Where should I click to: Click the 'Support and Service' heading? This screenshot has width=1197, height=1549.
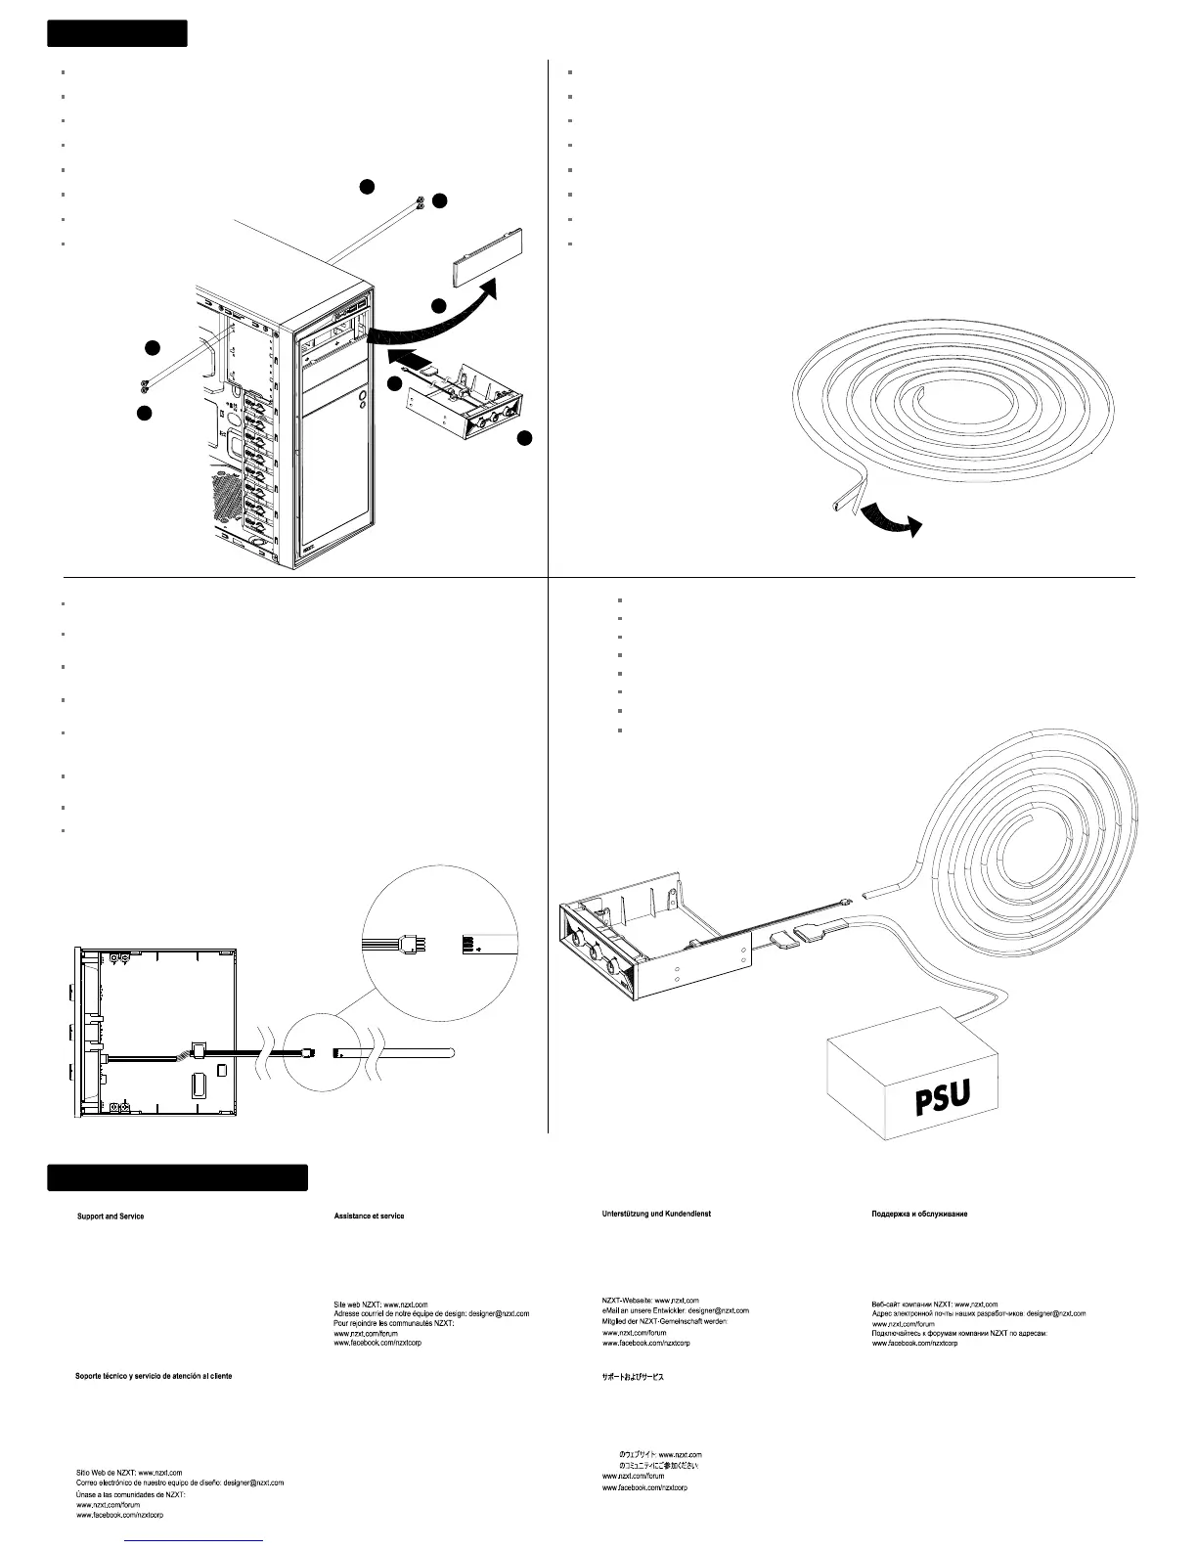coord(111,1216)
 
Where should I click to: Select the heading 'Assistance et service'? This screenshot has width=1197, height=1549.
coord(369,1216)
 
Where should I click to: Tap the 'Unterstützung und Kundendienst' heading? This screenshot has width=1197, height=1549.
coord(655,1214)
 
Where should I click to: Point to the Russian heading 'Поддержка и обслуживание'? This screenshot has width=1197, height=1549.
coord(919,1214)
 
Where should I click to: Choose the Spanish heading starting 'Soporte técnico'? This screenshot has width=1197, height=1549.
coord(154,1375)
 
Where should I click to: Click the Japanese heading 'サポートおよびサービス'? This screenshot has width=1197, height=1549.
coord(632,1376)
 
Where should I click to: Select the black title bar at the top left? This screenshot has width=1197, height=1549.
coord(116,33)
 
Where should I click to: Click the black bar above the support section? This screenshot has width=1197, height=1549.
coord(177,1177)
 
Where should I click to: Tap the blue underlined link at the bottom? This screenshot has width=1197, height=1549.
coord(195,1540)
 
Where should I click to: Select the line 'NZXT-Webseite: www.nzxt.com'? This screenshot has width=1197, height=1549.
coord(650,1301)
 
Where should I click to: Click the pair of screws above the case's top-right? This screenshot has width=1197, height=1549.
coord(420,201)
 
